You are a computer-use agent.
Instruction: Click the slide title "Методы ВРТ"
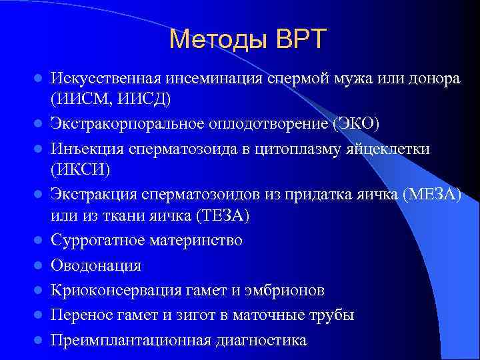248,39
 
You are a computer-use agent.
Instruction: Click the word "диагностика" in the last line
261,340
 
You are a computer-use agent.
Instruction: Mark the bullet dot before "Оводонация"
39,265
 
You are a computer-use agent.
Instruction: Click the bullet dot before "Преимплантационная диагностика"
39,340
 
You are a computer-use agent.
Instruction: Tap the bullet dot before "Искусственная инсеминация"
39,78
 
